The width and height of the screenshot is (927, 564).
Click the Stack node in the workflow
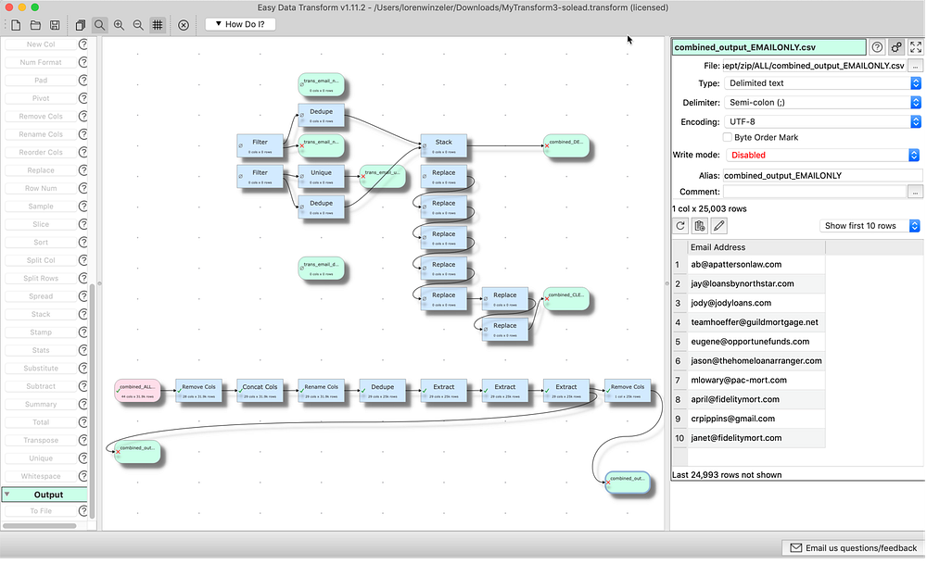[x=443, y=145]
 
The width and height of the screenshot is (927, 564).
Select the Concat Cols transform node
[x=260, y=391]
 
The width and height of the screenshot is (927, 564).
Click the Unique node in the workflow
[x=321, y=176]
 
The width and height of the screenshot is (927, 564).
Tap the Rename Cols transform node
[x=322, y=391]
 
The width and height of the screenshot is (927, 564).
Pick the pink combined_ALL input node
[x=138, y=391]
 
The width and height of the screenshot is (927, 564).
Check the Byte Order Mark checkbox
[x=728, y=137]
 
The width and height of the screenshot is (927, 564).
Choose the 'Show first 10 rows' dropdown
[x=870, y=226]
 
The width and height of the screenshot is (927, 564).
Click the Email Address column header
[x=717, y=247]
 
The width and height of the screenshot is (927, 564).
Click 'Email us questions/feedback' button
[x=852, y=547]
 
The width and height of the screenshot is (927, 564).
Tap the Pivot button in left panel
[x=41, y=98]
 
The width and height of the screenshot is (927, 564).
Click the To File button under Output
[x=41, y=511]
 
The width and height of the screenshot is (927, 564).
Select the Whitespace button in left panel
[x=41, y=476]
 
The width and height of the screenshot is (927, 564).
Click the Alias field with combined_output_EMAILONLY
[x=821, y=175]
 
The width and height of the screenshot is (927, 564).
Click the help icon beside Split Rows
[x=83, y=279]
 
